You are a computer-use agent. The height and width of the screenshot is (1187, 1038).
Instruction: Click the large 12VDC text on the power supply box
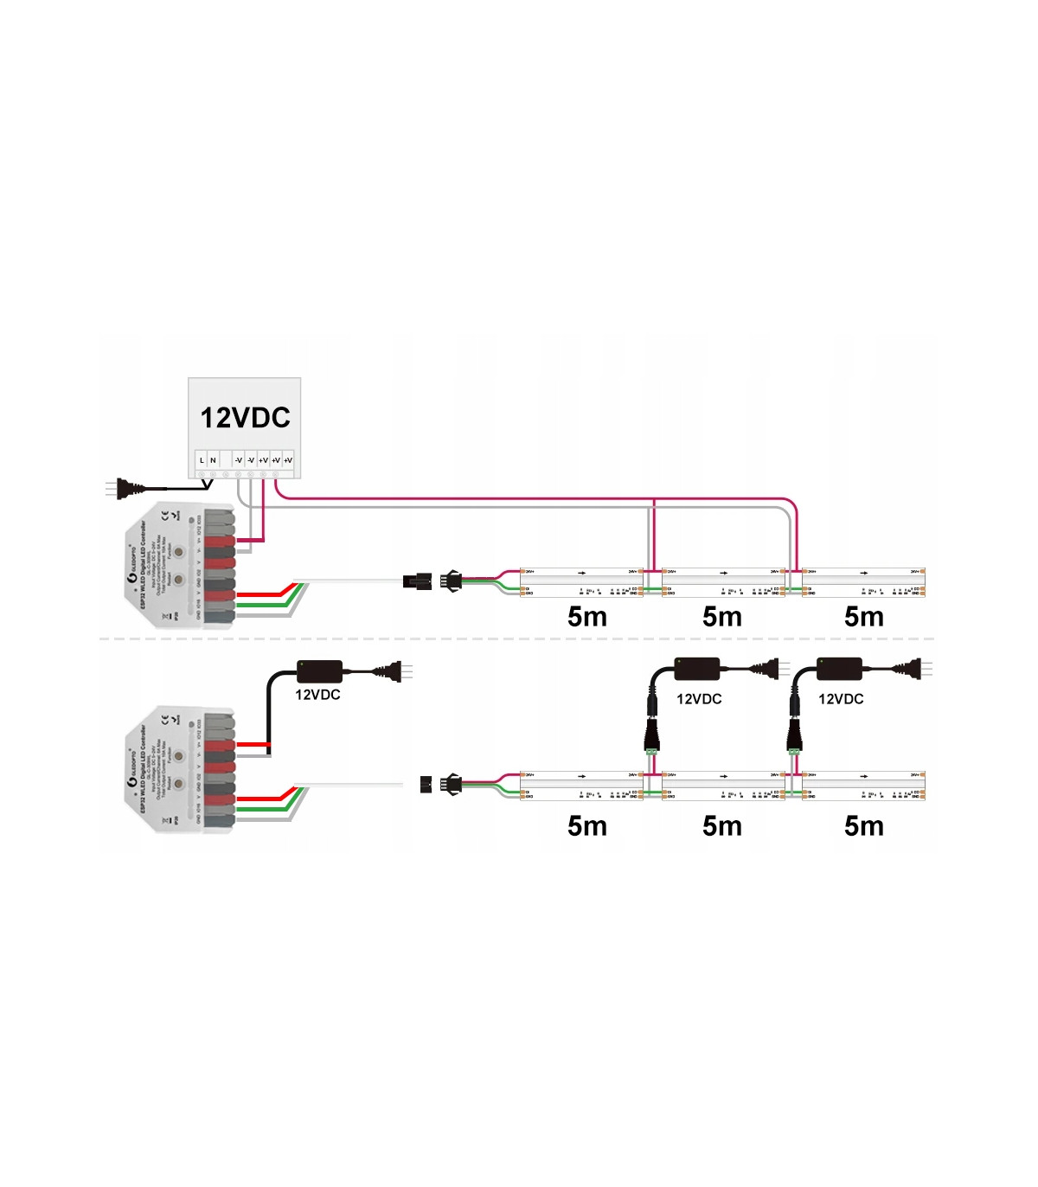coord(245,418)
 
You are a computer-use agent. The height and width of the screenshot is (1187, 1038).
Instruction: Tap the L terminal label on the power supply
coord(202,460)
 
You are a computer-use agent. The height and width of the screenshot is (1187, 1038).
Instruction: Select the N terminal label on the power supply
coord(213,460)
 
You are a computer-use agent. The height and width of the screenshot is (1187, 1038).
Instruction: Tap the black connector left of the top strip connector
coord(417,581)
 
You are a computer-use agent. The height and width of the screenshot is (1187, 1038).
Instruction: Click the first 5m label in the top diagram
coord(586,617)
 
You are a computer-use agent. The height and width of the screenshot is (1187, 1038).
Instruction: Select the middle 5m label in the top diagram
coord(722,617)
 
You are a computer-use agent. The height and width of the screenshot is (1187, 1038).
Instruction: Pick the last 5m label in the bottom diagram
coord(863,826)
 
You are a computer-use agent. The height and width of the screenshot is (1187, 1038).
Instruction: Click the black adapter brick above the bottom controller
coord(319,670)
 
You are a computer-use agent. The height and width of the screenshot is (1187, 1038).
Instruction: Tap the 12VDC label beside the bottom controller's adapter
coord(317,695)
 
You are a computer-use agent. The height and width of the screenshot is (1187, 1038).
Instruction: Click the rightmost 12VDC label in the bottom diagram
coord(841,699)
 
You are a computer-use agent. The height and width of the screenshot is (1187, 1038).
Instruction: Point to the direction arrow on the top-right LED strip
coord(864,572)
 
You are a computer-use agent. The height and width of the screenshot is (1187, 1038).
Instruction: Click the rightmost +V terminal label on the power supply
coord(288,460)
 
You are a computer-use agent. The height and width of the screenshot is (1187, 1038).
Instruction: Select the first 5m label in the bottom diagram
coord(586,826)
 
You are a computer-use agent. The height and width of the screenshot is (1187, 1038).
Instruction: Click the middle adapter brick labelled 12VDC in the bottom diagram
coord(698,668)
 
